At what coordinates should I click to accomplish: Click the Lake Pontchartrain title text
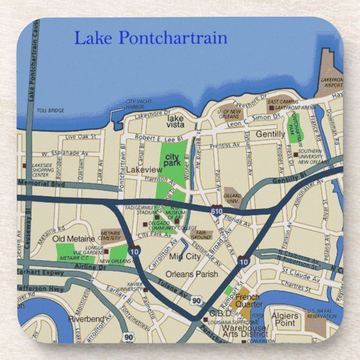pos(150,38)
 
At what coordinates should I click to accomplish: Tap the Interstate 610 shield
pos(217,211)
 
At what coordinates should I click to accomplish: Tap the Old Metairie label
pos(73,239)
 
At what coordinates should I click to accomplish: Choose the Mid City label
pos(184,257)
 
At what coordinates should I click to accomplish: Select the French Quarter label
pos(249,301)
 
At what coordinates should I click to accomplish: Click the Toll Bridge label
pos(50,111)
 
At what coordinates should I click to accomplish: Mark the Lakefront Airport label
pos(331,82)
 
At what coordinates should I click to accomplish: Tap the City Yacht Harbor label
pos(139,104)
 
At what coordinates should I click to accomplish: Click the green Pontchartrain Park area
pos(294,125)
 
